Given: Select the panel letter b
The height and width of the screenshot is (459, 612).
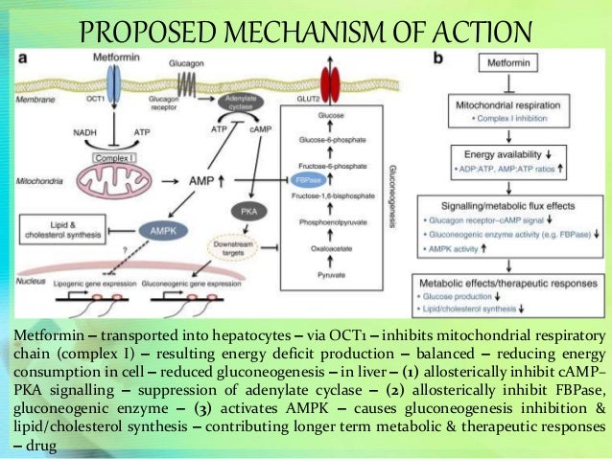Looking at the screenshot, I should (438, 58).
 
